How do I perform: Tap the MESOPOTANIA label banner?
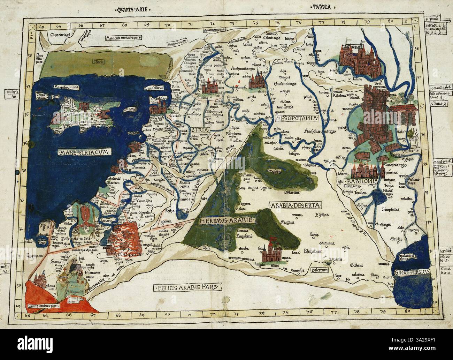[297, 119]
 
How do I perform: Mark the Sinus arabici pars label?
[43, 306]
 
